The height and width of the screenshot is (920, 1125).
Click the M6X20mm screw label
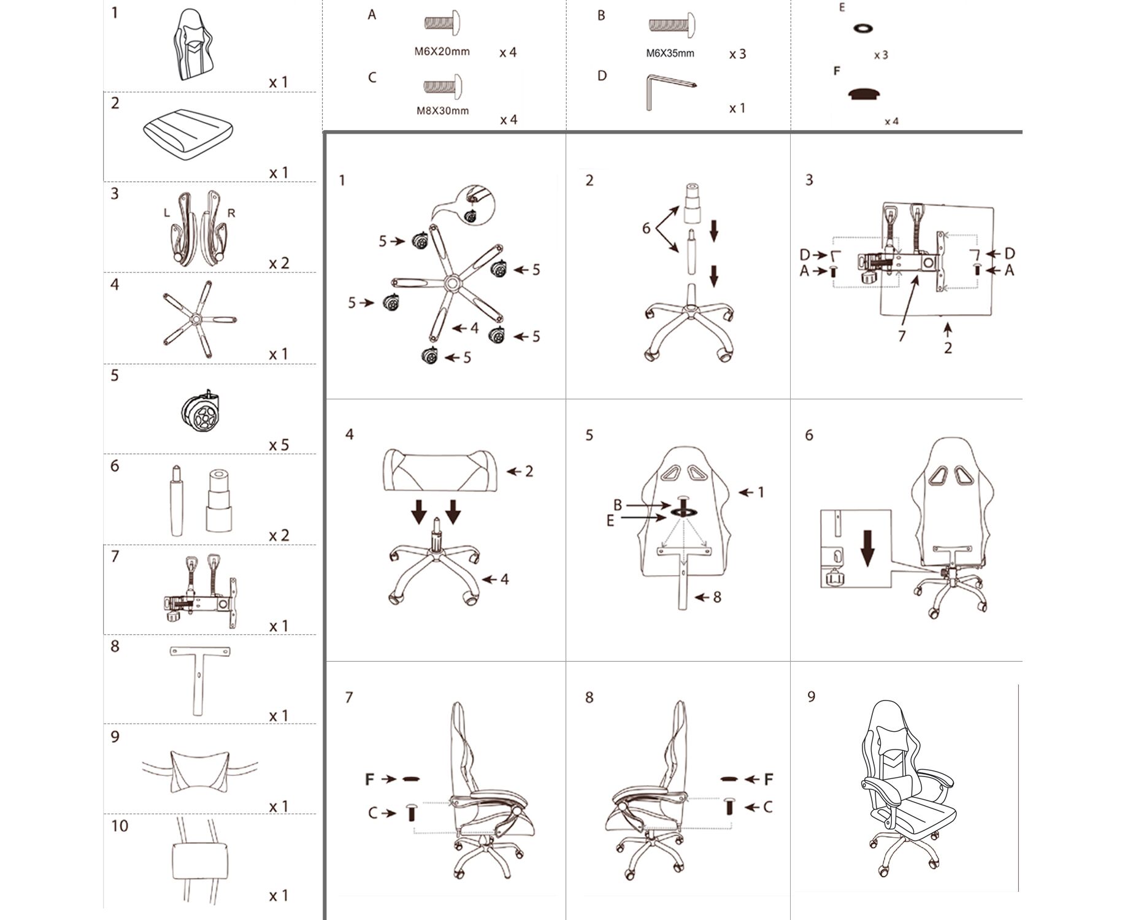click(442, 52)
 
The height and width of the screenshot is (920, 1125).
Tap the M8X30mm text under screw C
click(442, 111)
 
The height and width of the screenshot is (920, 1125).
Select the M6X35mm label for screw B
click(670, 53)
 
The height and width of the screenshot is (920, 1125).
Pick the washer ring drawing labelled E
click(863, 28)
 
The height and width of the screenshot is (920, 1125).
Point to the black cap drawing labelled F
click(864, 94)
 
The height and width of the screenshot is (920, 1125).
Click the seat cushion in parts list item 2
click(188, 134)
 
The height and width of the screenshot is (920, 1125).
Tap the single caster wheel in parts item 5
click(201, 410)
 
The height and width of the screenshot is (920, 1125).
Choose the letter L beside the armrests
click(166, 213)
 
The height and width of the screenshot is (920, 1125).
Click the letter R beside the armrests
click(231, 213)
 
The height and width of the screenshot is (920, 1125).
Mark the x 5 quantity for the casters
click(278, 445)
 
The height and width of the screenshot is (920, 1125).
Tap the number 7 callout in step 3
click(901, 336)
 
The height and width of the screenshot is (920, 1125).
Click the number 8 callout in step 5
click(716, 597)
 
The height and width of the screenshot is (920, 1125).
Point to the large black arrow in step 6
click(867, 548)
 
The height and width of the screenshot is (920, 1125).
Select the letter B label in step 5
click(618, 505)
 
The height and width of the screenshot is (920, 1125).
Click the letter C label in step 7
click(373, 813)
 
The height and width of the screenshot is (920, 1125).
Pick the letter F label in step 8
click(768, 780)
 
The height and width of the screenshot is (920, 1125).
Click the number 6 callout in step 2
click(646, 228)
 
